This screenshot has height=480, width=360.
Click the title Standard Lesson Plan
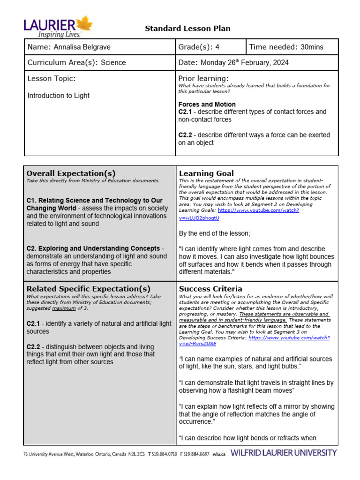click(187, 29)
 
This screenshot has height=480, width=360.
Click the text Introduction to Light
click(59, 96)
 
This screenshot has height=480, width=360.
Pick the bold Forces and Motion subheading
click(207, 104)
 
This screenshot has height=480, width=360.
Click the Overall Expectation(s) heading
click(71, 173)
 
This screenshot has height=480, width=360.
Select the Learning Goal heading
click(206, 173)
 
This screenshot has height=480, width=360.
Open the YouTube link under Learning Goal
click(239, 214)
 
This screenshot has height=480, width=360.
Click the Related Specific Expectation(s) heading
click(88, 289)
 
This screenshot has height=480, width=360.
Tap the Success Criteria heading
click(210, 289)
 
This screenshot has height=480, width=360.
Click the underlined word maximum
click(63, 307)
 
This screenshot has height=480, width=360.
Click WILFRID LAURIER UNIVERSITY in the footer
click(284, 453)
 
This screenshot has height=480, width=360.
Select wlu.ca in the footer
click(219, 454)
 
